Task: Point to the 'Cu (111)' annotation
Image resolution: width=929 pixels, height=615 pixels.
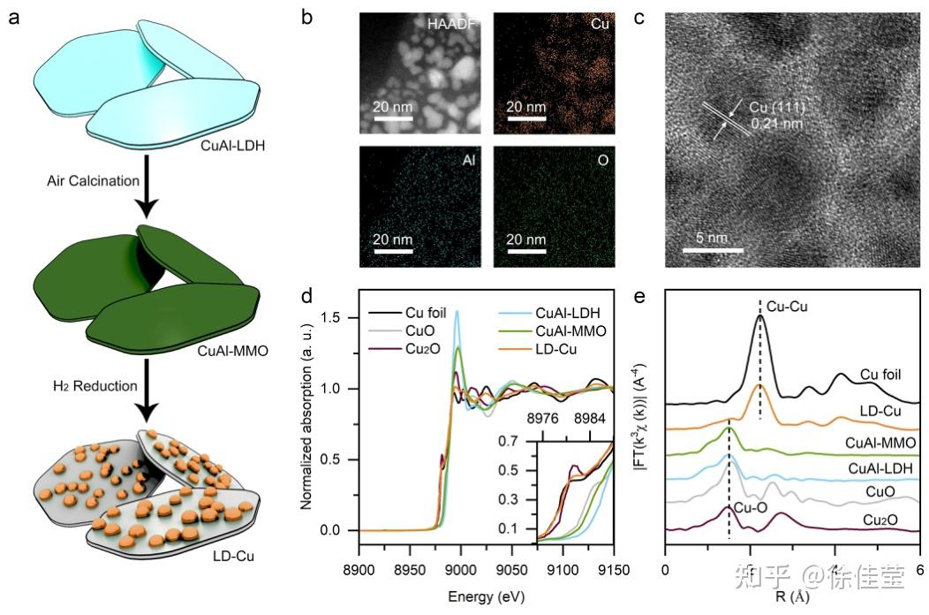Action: point(777,109)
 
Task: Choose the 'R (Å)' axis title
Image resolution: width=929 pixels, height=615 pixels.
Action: point(791,596)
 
